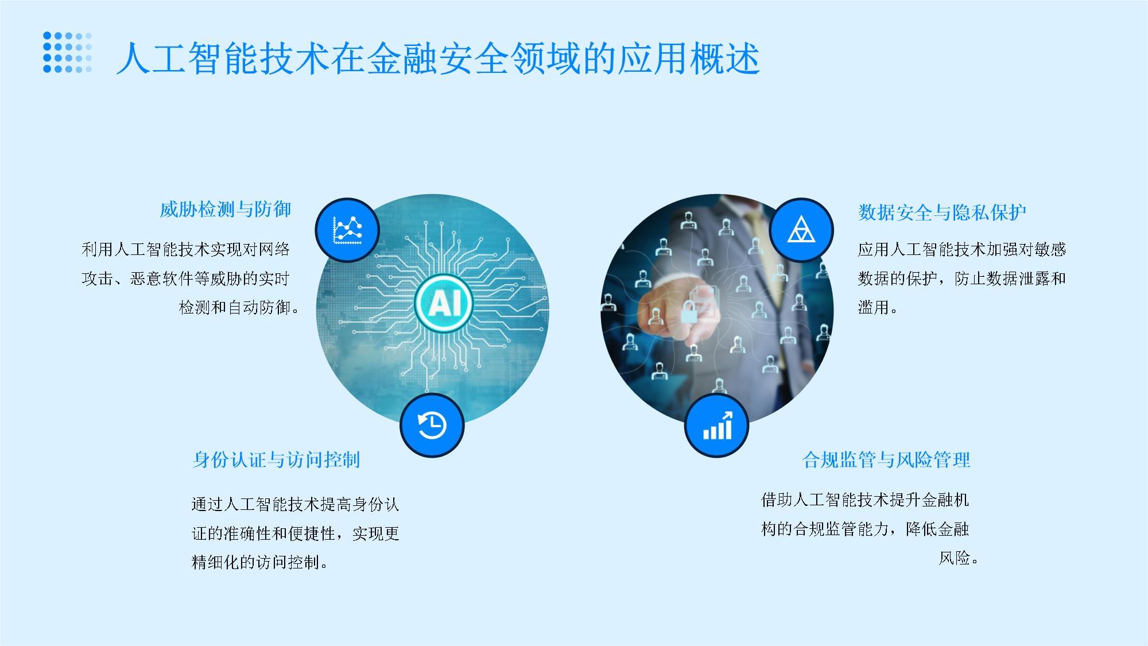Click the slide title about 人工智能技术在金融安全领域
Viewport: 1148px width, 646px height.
[437, 59]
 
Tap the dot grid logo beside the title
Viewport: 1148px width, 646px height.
[67, 52]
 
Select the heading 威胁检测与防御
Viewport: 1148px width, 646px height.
[225, 210]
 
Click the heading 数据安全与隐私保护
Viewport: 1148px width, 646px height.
[942, 212]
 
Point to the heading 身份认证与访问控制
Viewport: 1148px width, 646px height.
[276, 459]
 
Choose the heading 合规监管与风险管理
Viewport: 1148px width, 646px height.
[886, 459]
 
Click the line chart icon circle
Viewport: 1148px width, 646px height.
[347, 230]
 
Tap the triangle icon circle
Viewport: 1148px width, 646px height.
[801, 230]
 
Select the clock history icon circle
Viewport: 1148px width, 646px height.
[432, 425]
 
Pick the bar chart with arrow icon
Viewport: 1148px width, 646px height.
[717, 425]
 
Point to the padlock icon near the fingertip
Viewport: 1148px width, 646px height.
[689, 312]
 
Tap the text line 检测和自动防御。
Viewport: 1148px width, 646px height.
[239, 308]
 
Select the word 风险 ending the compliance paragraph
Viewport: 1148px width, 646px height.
[954, 558]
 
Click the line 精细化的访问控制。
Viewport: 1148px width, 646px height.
[260, 562]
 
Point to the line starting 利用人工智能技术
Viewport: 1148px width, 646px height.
[185, 249]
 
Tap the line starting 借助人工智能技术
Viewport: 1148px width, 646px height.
[864, 500]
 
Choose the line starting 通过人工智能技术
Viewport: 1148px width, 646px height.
[295, 505]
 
